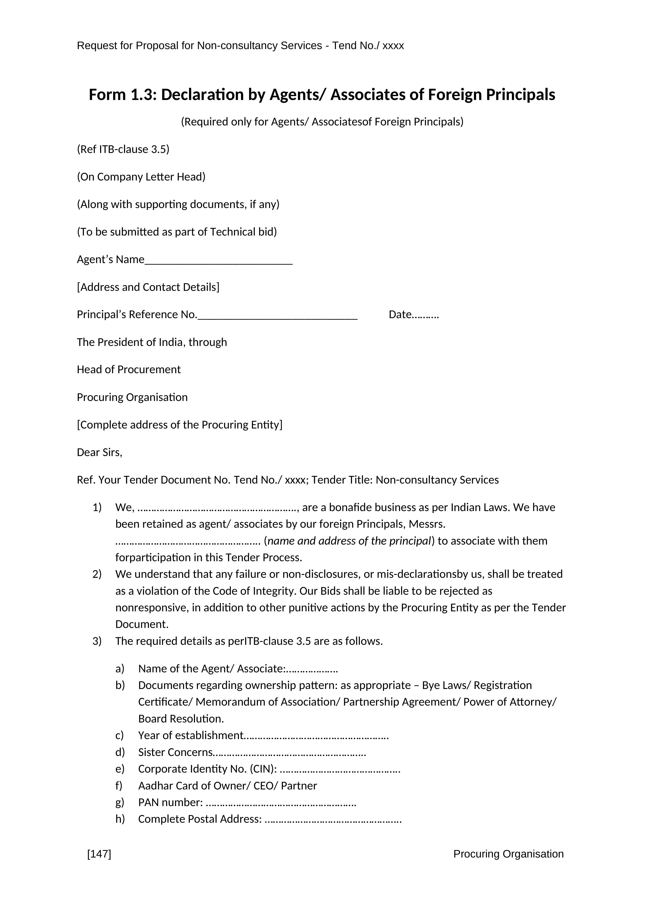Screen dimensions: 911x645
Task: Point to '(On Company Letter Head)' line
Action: (x=141, y=177)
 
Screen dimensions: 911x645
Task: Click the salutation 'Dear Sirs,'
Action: (x=99, y=452)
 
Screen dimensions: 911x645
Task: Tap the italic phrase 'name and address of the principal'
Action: (x=349, y=541)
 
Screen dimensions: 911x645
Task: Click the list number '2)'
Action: (x=97, y=574)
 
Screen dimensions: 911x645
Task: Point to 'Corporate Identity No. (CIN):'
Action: (x=207, y=769)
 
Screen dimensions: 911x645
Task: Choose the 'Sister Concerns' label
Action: (x=175, y=752)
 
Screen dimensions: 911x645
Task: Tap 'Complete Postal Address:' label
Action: (x=200, y=819)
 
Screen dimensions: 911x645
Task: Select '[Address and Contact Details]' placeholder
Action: (x=148, y=287)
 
